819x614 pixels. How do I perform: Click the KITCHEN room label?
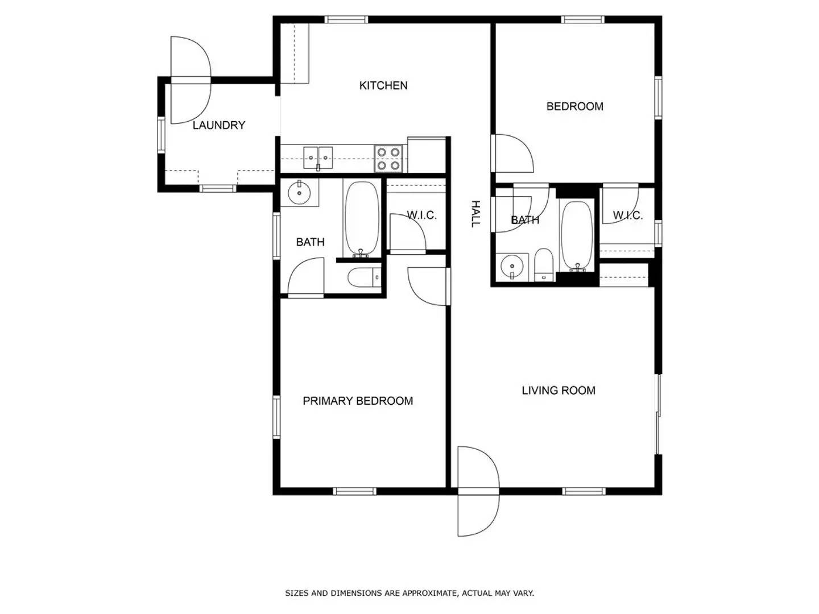[383, 85]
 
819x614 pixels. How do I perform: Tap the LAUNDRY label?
[218, 125]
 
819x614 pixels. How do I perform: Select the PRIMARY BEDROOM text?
[358, 401]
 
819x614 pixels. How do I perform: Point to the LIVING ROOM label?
[559, 391]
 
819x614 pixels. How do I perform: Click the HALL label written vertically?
[475, 214]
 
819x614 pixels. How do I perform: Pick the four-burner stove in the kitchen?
[389, 159]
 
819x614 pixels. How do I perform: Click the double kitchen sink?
[318, 157]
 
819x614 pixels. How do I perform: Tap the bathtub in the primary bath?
[361, 219]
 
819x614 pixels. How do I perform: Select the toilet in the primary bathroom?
[364, 279]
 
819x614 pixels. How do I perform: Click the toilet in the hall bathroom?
[544, 265]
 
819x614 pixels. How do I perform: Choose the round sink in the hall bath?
[512, 266]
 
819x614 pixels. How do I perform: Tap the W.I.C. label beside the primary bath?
[421, 215]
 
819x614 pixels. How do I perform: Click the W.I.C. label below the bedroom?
[627, 216]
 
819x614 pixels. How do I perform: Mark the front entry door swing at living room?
[478, 492]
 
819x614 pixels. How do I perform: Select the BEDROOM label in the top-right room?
[574, 106]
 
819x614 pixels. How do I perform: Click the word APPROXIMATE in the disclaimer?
[429, 593]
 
